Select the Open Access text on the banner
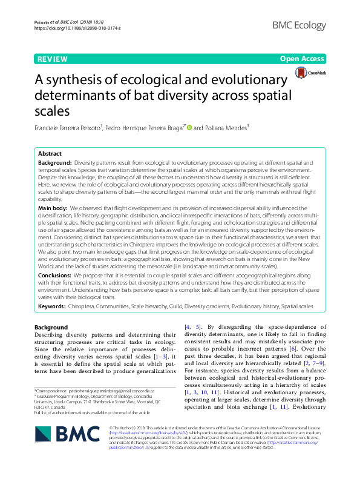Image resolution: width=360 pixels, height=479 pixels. [303, 59]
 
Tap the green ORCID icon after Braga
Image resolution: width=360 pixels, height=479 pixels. [189, 127]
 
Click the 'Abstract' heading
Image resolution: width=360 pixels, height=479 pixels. [50, 154]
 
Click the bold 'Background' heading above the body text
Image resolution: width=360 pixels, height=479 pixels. [51, 327]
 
